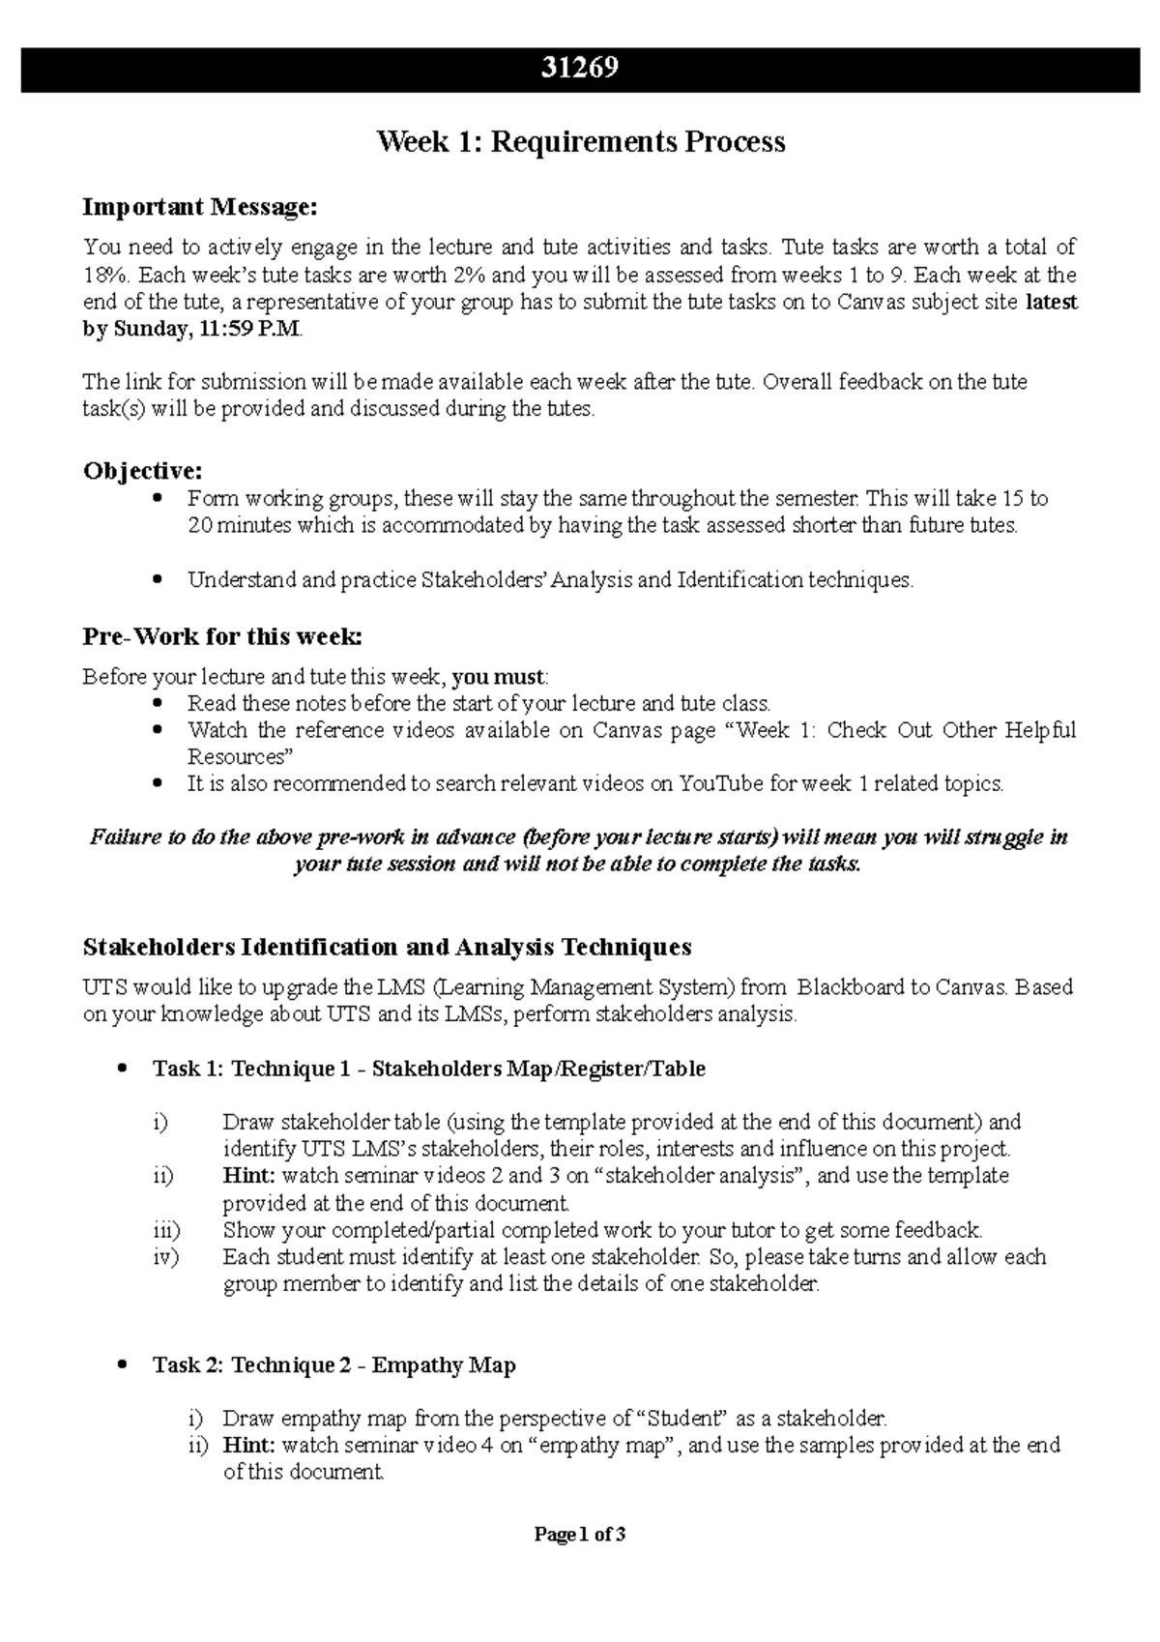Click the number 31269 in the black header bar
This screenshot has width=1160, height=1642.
point(580,69)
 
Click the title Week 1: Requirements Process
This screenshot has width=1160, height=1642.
point(580,142)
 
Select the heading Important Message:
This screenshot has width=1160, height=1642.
point(199,207)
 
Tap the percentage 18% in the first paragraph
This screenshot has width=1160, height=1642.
point(101,275)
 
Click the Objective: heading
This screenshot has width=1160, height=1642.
point(143,471)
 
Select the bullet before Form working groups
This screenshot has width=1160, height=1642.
point(159,499)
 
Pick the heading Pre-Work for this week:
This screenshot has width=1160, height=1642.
point(222,637)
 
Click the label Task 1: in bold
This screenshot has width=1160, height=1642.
point(188,1069)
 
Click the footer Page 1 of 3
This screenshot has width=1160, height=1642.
point(580,1535)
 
